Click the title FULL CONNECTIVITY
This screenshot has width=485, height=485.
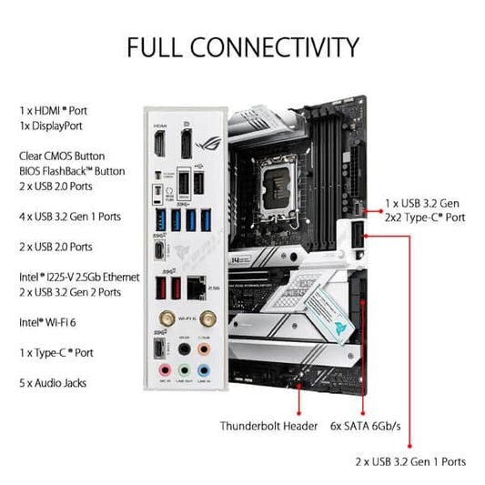pos(242,46)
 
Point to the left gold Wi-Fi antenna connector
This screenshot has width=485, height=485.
pos(168,319)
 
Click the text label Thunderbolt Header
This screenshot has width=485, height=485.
pos(268,425)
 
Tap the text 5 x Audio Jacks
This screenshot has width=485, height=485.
pos(53,383)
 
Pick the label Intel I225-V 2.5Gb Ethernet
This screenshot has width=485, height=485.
pos(79,276)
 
